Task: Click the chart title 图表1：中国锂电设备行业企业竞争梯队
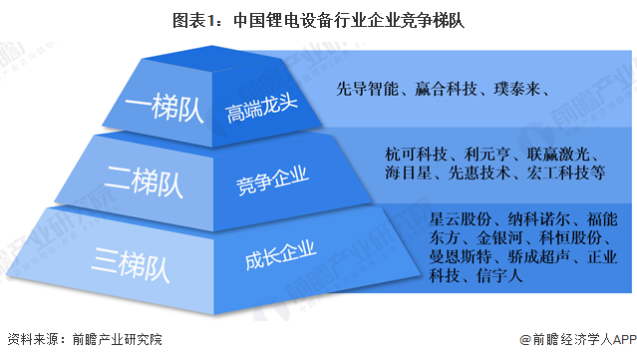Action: pos(318,18)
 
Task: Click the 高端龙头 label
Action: pos(256,111)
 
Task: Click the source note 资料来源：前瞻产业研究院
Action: pos(84,340)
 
